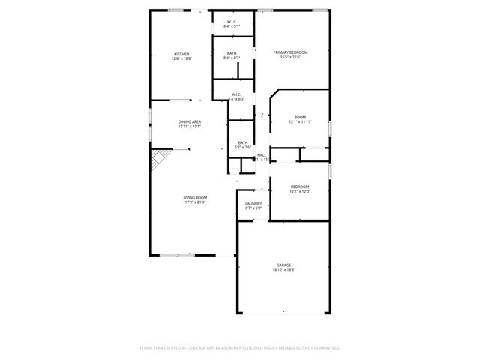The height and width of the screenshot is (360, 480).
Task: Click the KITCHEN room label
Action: coord(181,54)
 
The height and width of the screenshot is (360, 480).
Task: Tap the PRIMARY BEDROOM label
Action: coord(290,52)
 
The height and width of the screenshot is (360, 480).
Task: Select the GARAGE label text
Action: coord(283,265)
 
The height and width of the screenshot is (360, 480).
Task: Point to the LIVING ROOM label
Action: coord(195,197)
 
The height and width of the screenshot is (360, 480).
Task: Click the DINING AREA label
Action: coord(189,121)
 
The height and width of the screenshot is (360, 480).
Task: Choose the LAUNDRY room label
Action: coord(253,203)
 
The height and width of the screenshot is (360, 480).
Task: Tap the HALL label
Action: coord(262,155)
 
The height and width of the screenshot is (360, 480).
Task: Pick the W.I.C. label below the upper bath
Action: coord(235,94)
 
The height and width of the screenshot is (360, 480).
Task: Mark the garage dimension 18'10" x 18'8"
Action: coord(283,270)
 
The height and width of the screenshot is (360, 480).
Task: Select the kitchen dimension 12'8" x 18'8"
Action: coord(181,58)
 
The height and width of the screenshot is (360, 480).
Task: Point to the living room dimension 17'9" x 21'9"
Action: coord(195,202)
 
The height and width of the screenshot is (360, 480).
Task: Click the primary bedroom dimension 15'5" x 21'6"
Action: coord(290,56)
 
